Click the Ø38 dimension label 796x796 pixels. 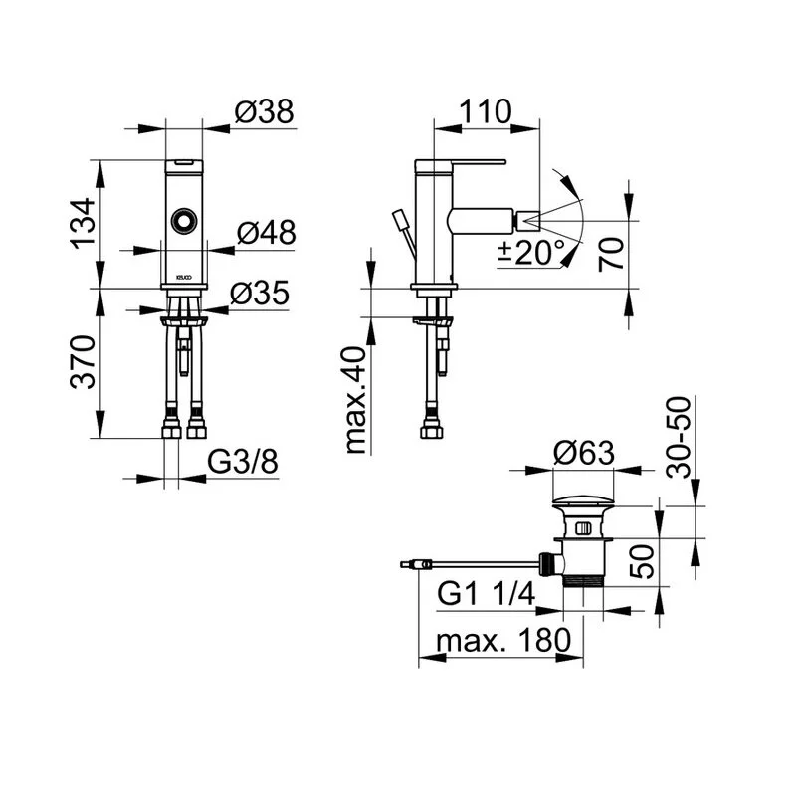click(x=266, y=112)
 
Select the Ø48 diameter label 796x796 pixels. click(x=266, y=233)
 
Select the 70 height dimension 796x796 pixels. click(x=615, y=253)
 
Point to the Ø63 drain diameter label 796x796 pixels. click(x=584, y=453)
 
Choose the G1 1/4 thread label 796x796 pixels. click(x=487, y=595)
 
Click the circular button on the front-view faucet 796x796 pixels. click(x=184, y=221)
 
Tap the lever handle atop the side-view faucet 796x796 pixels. click(x=463, y=161)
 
